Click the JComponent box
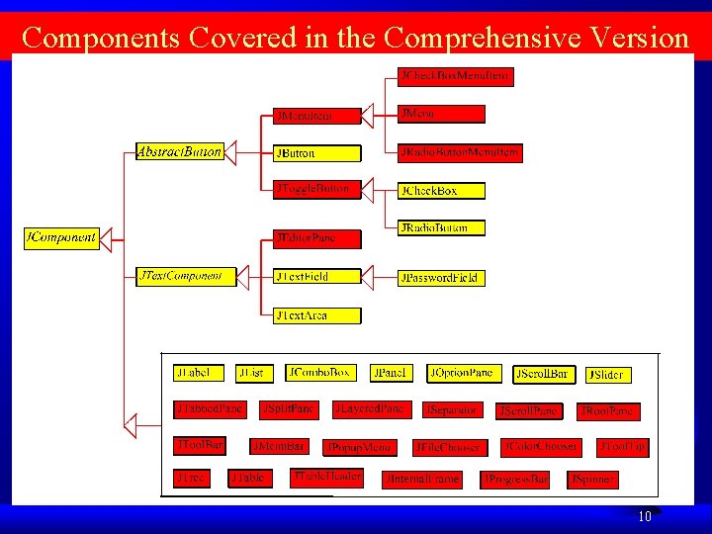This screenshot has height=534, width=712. click(x=61, y=238)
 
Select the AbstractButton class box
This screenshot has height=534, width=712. click(x=179, y=151)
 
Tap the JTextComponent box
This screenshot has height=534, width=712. click(x=186, y=276)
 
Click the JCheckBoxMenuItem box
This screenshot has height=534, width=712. click(x=456, y=75)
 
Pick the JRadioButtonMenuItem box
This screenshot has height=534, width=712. click(x=459, y=153)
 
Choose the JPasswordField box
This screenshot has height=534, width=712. click(x=439, y=278)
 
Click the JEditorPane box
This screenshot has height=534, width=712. click(x=317, y=238)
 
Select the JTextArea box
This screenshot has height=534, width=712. click(x=316, y=315)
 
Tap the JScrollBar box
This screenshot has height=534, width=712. click(x=544, y=374)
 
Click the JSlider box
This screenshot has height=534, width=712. click(x=607, y=375)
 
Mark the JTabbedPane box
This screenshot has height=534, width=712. click(x=210, y=408)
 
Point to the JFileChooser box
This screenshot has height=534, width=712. click(x=449, y=447)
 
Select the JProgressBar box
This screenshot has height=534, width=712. click(x=515, y=480)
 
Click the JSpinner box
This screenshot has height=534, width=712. click(x=593, y=480)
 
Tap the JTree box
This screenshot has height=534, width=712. click(x=191, y=479)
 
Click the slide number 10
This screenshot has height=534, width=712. click(x=644, y=516)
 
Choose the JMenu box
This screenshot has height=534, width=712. click(x=441, y=114)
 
